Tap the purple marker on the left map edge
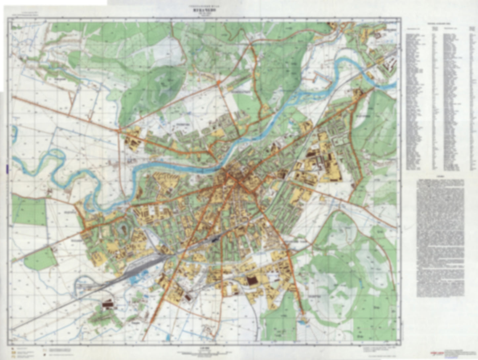6,168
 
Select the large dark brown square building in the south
252,281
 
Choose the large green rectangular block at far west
29,210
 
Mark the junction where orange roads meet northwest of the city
119,130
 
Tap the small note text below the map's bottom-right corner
377,349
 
